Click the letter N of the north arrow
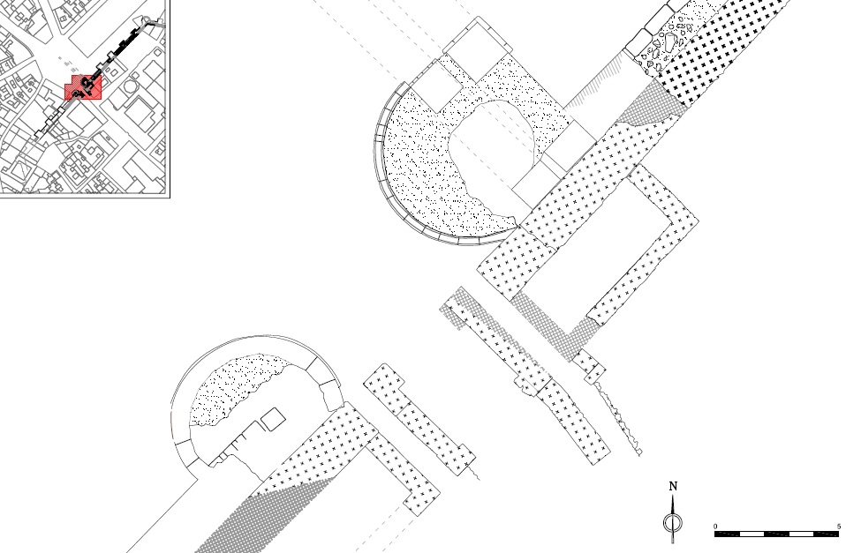coord(674,486)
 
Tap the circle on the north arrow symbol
coord(674,523)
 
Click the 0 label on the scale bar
coord(716,527)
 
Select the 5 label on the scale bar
coord(838,527)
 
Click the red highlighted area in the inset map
coord(86,86)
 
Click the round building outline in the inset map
coord(133,87)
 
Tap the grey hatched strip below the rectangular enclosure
coord(548,325)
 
